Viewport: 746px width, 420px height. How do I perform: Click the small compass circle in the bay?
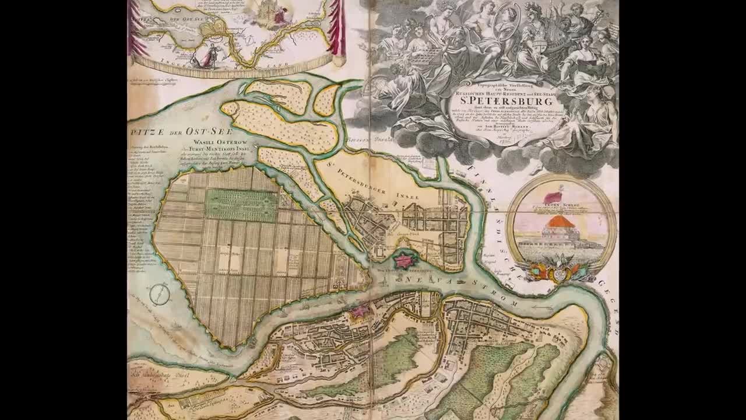(159, 294)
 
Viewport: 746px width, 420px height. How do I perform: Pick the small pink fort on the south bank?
(358, 312)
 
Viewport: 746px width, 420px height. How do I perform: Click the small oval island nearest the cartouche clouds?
(326, 100)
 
